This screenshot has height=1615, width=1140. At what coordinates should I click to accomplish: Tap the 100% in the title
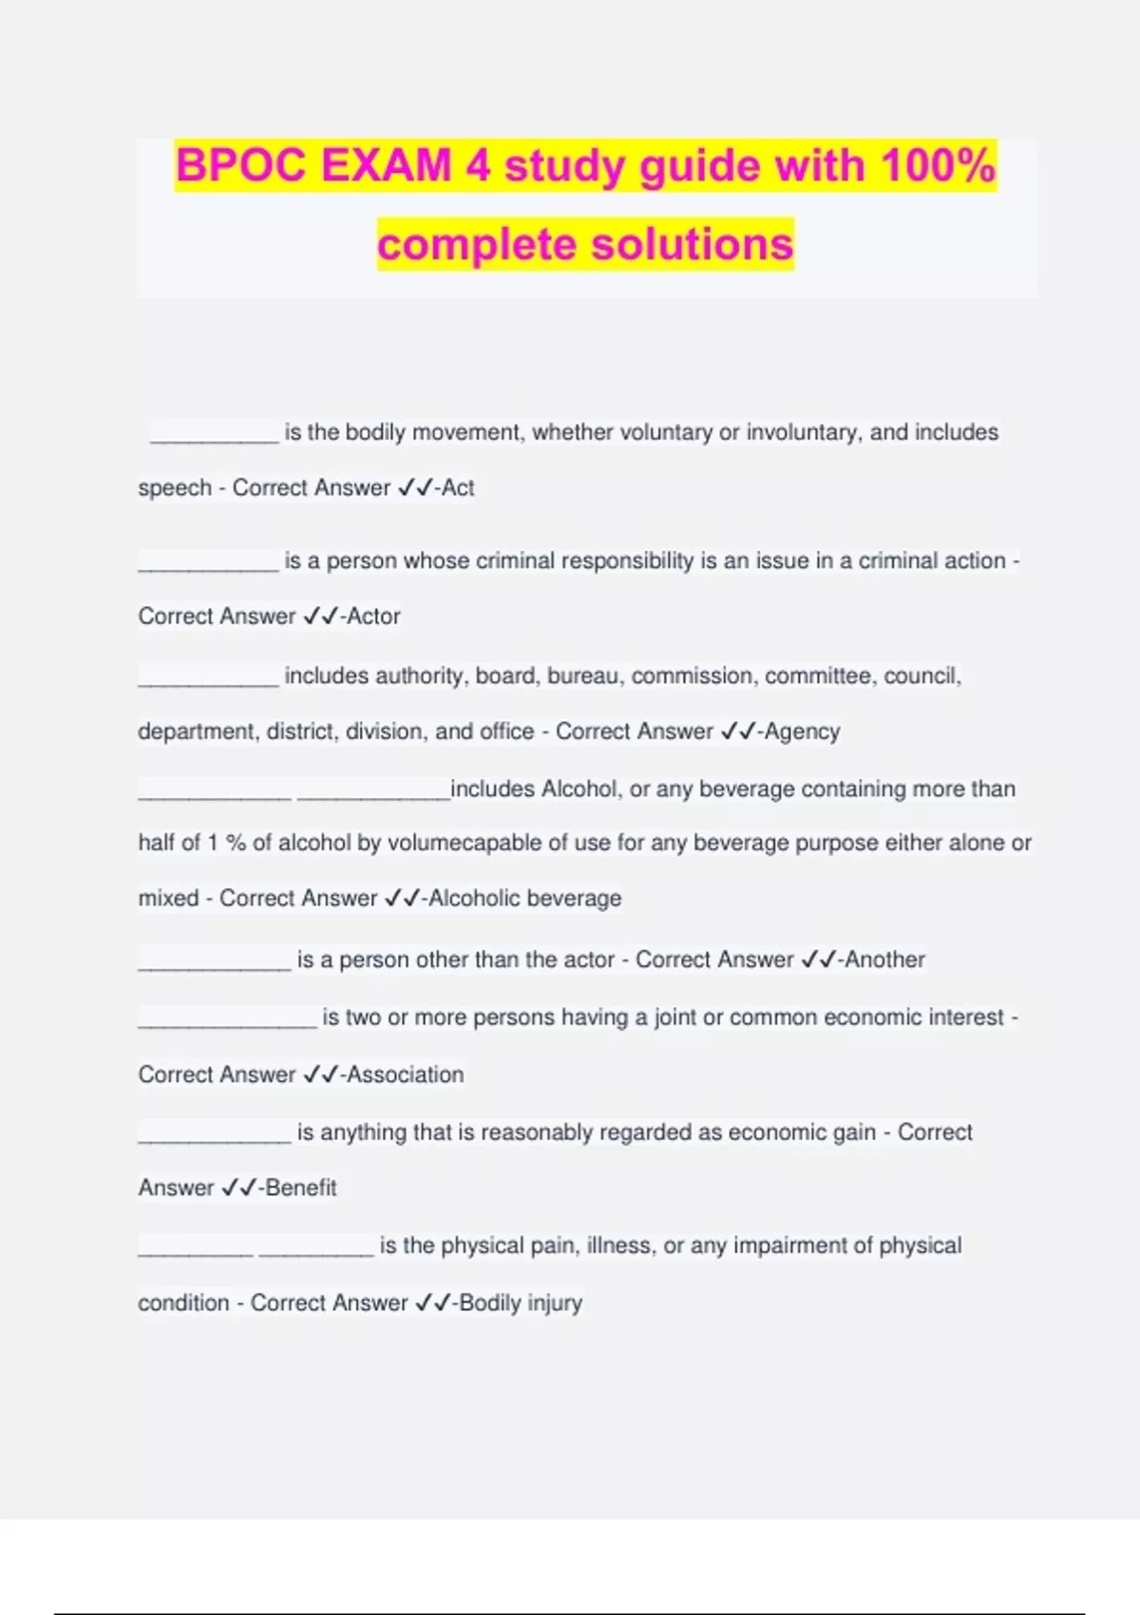pos(938,166)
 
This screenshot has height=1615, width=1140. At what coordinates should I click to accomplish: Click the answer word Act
pos(458,487)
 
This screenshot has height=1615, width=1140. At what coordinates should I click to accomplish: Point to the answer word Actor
pos(373,617)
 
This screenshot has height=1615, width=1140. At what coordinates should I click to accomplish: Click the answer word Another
pos(884,959)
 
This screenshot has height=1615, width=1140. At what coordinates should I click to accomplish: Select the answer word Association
pos(406,1074)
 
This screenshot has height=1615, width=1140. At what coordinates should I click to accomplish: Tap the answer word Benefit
pos(301,1187)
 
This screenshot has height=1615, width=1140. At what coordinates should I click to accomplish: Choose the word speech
pos(175,488)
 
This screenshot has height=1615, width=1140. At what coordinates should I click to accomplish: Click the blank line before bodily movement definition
pos(214,439)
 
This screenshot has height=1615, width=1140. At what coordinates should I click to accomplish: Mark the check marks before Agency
pos(738,731)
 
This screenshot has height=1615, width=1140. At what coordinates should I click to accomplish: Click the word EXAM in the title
pos(386,166)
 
